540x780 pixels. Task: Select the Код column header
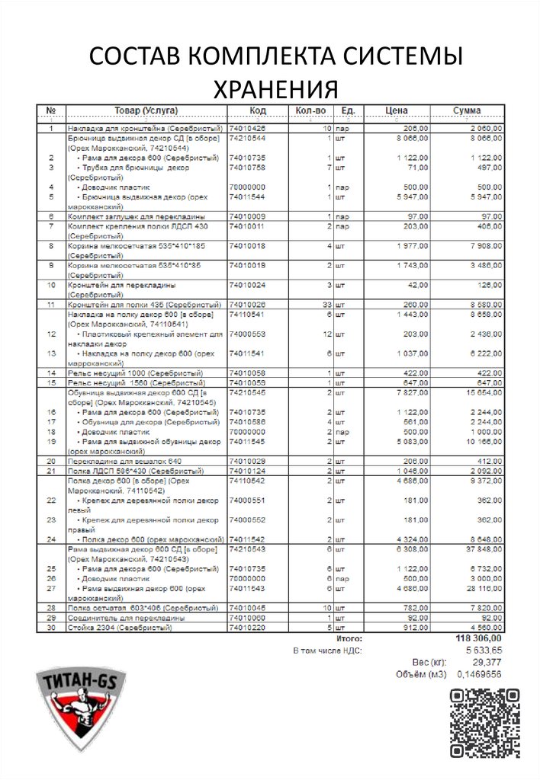pos(257,110)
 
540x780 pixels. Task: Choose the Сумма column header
pos(466,110)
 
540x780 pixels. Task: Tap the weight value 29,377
pos(487,663)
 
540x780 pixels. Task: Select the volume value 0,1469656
pos(479,674)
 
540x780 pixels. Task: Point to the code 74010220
pos(246,628)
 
